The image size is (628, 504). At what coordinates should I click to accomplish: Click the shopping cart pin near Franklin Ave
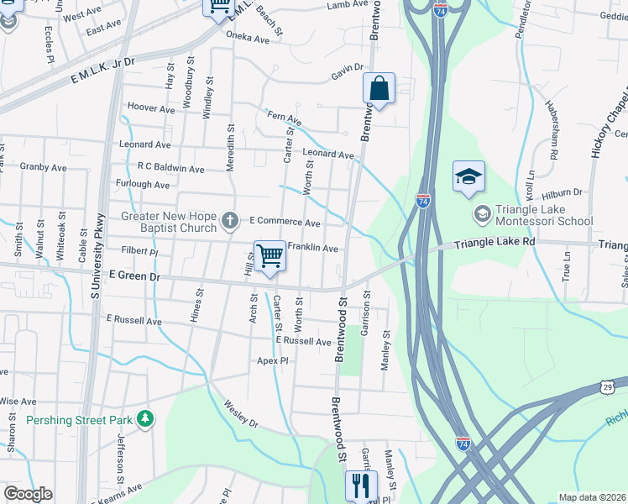(270, 256)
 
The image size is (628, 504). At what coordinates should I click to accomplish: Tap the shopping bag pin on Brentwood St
(379, 88)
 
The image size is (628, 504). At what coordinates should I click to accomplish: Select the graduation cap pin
(468, 176)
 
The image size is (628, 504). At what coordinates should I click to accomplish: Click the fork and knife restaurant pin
(361, 485)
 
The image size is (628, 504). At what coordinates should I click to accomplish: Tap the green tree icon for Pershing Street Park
(145, 418)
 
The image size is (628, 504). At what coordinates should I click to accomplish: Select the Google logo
(28, 494)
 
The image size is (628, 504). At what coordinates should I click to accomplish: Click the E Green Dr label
(133, 275)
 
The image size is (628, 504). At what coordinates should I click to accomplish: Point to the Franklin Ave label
(312, 248)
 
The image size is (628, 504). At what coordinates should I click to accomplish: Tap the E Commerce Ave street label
(285, 223)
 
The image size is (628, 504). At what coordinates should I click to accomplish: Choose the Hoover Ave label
(149, 107)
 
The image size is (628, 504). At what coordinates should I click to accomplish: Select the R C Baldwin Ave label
(171, 169)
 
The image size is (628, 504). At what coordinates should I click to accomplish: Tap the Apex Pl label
(273, 360)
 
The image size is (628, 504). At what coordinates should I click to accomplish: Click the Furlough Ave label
(143, 184)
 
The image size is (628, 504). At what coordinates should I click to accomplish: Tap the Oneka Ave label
(248, 39)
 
